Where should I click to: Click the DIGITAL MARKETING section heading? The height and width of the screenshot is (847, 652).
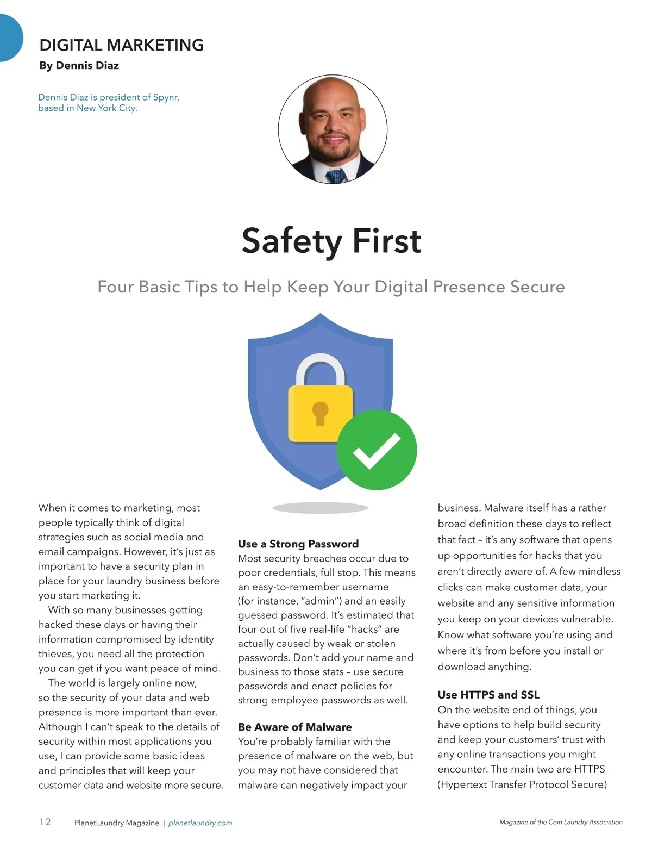122,45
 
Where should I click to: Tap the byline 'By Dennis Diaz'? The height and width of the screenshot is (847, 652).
79,66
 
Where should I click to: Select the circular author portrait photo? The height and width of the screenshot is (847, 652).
333,129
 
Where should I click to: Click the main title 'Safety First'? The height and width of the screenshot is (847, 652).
331,241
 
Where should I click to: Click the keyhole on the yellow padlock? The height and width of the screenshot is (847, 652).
321,413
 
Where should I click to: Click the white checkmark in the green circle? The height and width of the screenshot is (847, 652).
376,451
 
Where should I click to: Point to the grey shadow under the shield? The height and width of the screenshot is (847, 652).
321,508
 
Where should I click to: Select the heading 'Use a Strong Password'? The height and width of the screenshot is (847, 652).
298,544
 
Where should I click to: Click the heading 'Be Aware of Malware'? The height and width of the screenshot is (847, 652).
294,727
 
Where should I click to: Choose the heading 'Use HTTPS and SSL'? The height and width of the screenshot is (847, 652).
488,695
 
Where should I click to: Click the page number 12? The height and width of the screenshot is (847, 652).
45,822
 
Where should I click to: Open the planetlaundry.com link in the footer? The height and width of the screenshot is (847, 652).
200,823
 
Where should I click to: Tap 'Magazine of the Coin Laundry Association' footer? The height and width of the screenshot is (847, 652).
561,823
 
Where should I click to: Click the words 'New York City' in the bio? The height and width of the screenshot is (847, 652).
106,108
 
